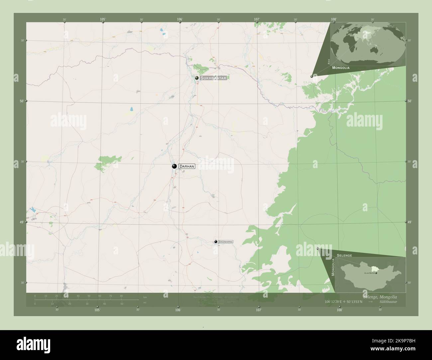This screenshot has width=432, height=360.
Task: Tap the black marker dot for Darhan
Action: [x=174, y=166]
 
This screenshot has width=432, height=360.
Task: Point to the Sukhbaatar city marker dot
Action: [x=197, y=78]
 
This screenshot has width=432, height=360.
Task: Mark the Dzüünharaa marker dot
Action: [x=216, y=242]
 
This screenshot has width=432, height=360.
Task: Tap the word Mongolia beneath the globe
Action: [x=341, y=67]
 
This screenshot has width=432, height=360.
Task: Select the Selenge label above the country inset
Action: [x=344, y=255]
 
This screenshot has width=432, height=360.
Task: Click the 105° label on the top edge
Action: [x=103, y=20]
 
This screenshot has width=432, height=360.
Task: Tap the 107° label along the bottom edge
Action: [x=259, y=310]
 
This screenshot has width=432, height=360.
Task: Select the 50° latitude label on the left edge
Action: [x=22, y=101]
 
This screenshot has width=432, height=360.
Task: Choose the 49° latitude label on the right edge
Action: [x=410, y=222]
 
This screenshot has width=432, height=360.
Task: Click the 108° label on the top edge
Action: [x=334, y=20]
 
